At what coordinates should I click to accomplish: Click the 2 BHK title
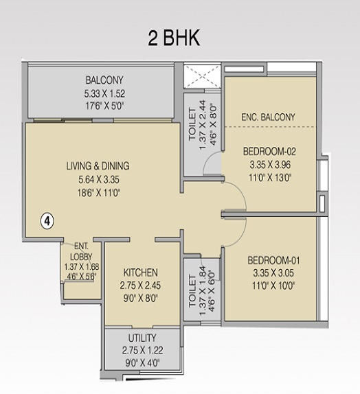click(x=174, y=38)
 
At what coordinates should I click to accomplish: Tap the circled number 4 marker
click(x=47, y=222)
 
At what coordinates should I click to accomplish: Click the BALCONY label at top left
click(x=104, y=80)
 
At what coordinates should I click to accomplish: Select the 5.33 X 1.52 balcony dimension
click(x=104, y=93)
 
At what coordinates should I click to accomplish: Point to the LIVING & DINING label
click(x=98, y=166)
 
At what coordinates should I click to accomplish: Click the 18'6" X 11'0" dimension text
click(x=98, y=193)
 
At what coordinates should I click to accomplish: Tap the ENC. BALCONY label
click(x=268, y=117)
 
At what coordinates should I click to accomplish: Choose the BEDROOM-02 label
click(x=269, y=151)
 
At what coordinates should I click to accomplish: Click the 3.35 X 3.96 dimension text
click(x=270, y=165)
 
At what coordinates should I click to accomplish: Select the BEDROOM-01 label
click(x=273, y=260)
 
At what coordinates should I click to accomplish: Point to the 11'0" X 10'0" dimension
click(x=273, y=286)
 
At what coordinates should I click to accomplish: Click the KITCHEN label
click(x=141, y=273)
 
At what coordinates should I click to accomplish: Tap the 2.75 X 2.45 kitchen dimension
click(x=140, y=286)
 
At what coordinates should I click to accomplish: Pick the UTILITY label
click(x=142, y=338)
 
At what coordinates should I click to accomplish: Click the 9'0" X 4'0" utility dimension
click(x=142, y=363)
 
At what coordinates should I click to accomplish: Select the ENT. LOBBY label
click(x=81, y=251)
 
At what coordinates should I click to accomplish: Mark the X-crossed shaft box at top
click(x=202, y=76)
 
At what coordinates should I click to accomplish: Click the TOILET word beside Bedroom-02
click(x=192, y=124)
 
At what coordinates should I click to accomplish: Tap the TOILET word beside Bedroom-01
click(x=192, y=291)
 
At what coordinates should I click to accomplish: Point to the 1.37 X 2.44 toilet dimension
click(x=203, y=125)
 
